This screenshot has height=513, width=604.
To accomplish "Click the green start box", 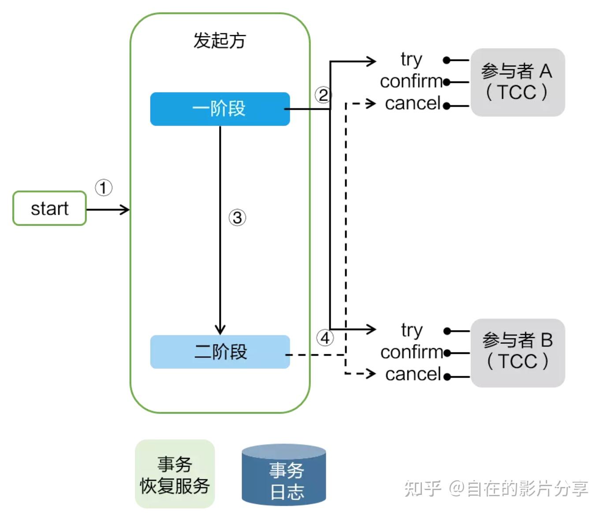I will tap(49, 208).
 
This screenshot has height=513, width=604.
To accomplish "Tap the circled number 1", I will tap(104, 188).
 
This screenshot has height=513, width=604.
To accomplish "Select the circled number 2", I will tap(323, 95).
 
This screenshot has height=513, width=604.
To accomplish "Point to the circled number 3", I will tap(237, 218).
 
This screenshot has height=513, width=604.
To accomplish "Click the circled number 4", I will tap(325, 338).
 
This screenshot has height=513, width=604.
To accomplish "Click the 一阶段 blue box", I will tap(220, 109).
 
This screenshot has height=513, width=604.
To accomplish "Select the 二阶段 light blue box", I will tap(220, 352).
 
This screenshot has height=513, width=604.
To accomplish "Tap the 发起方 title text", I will tap(219, 41).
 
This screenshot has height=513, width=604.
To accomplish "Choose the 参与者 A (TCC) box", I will tap(517, 82).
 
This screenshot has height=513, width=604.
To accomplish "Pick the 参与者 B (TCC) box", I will tap(517, 353).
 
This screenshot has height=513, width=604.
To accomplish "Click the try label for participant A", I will tap(411, 59).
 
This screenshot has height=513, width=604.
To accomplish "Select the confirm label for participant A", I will tap(411, 82).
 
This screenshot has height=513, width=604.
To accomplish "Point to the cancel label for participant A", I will tap(413, 104).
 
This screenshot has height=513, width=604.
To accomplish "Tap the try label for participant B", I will tap(411, 330).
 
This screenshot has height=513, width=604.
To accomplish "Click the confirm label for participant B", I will tap(411, 352).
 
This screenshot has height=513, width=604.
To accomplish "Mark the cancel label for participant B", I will tap(413, 374).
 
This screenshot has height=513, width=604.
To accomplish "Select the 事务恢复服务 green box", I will tap(175, 474).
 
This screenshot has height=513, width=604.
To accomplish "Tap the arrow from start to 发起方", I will tap(108, 209).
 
